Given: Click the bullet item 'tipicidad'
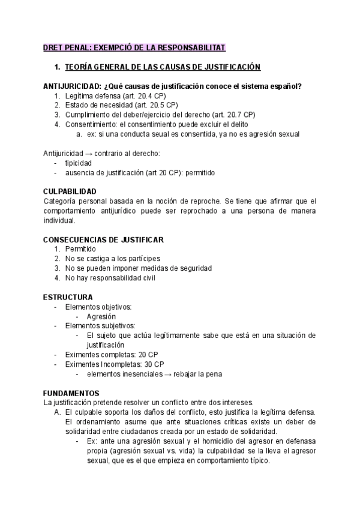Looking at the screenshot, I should pyautogui.click(x=79, y=163).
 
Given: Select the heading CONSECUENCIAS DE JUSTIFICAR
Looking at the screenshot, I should pyautogui.click(x=103, y=239).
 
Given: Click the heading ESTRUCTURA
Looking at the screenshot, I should pyautogui.click(x=68, y=297).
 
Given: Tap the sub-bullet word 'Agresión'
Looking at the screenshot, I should pyautogui.click(x=101, y=316).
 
